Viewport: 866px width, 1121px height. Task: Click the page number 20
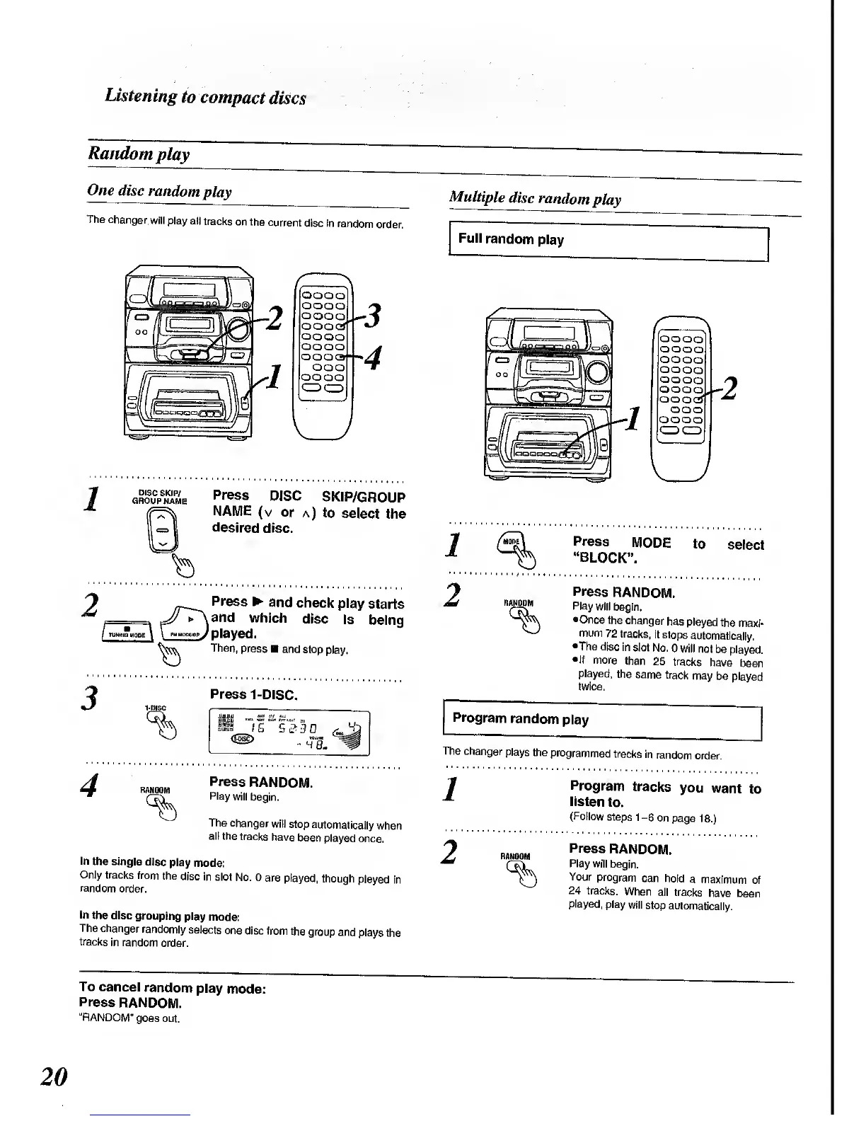(54, 1076)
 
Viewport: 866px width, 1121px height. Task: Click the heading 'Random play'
(139, 154)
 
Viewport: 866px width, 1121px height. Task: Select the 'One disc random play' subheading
(159, 191)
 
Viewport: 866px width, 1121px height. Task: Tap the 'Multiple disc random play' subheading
(535, 199)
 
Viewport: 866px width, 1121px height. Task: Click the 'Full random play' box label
(511, 239)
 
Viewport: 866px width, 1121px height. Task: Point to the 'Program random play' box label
(520, 719)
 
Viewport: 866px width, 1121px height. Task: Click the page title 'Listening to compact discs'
(205, 97)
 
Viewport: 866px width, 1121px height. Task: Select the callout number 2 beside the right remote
(730, 389)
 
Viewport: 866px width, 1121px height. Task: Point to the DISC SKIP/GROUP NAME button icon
(162, 530)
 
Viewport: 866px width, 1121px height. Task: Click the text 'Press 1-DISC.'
(253, 694)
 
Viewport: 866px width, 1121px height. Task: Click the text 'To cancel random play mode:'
(173, 988)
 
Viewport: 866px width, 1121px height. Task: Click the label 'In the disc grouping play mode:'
(160, 916)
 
